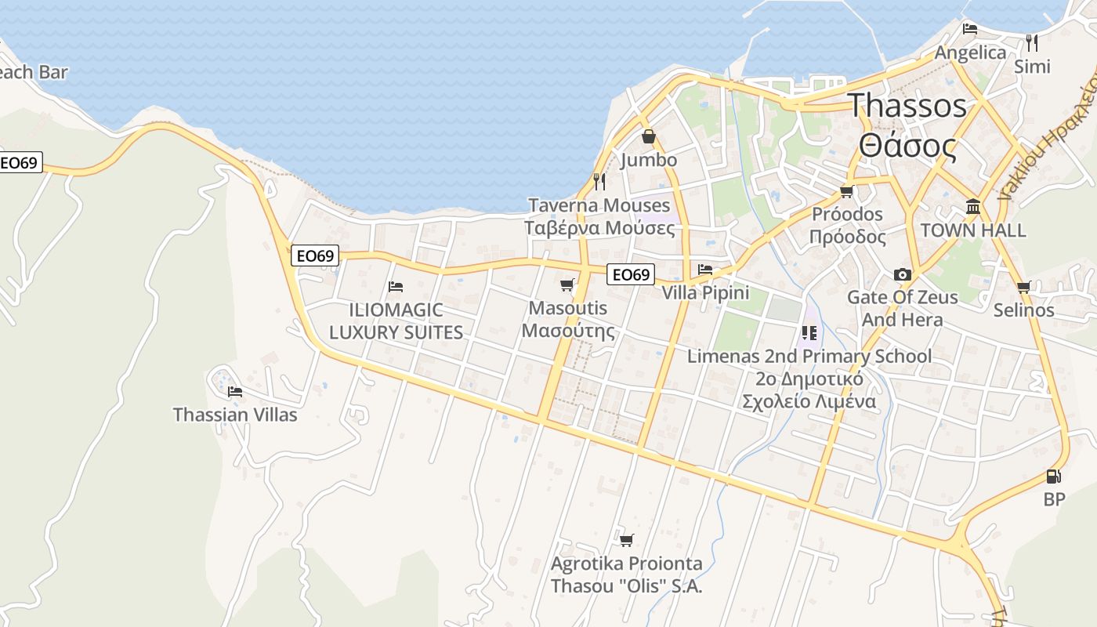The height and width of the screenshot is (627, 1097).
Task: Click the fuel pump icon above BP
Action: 1054,476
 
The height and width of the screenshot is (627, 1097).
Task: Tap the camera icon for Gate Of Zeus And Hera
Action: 903,274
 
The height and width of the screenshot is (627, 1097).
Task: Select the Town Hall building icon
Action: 973,206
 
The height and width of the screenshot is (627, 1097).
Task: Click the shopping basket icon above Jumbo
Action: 649,137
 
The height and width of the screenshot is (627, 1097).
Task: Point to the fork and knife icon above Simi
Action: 1032,42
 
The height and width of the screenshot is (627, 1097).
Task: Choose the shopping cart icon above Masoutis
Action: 567,285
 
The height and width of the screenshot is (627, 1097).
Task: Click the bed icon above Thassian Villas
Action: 234,391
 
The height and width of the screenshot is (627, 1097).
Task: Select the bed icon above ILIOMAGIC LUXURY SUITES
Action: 396,287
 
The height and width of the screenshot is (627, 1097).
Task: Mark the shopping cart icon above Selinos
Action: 1023,287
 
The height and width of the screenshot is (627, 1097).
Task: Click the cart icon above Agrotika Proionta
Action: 626,540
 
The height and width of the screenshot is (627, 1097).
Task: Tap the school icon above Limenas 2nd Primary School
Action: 809,333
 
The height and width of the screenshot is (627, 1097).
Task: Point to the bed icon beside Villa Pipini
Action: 705,270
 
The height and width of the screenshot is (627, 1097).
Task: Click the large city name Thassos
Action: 908,105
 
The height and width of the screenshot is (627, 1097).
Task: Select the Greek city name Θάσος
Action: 908,146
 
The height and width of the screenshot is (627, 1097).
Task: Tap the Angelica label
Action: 971,53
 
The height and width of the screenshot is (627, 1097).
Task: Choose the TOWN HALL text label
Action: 973,230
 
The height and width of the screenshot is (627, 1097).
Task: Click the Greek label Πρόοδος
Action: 847,237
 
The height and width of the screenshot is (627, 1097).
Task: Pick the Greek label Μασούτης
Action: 568,330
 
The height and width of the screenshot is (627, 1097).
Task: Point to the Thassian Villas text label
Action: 235,415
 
